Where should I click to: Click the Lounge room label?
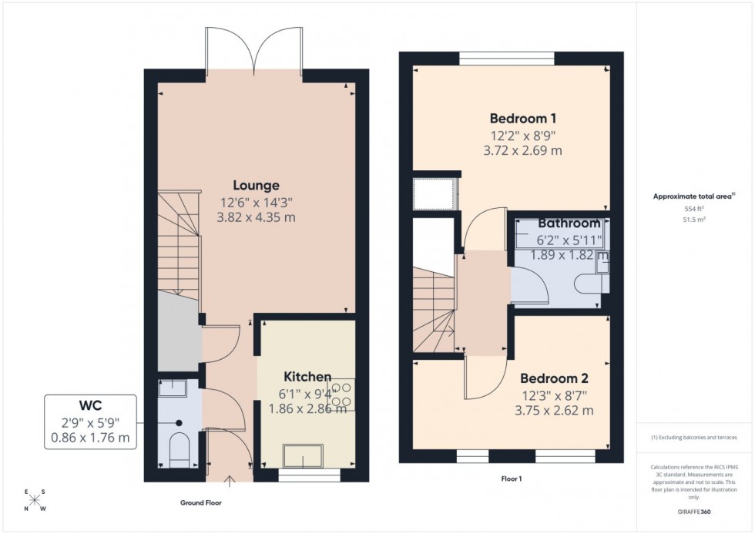(257, 186)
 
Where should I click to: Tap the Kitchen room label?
(307, 377)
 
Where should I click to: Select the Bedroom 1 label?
(522, 119)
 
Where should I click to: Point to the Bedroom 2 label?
(554, 378)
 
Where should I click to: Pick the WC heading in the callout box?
(91, 405)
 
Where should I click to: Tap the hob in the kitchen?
(341, 395)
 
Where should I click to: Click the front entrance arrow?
(229, 483)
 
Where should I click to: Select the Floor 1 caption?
(512, 479)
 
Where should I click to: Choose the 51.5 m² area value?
(695, 220)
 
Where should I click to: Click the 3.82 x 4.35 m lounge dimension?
(257, 218)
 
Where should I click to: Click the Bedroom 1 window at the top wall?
(507, 58)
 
